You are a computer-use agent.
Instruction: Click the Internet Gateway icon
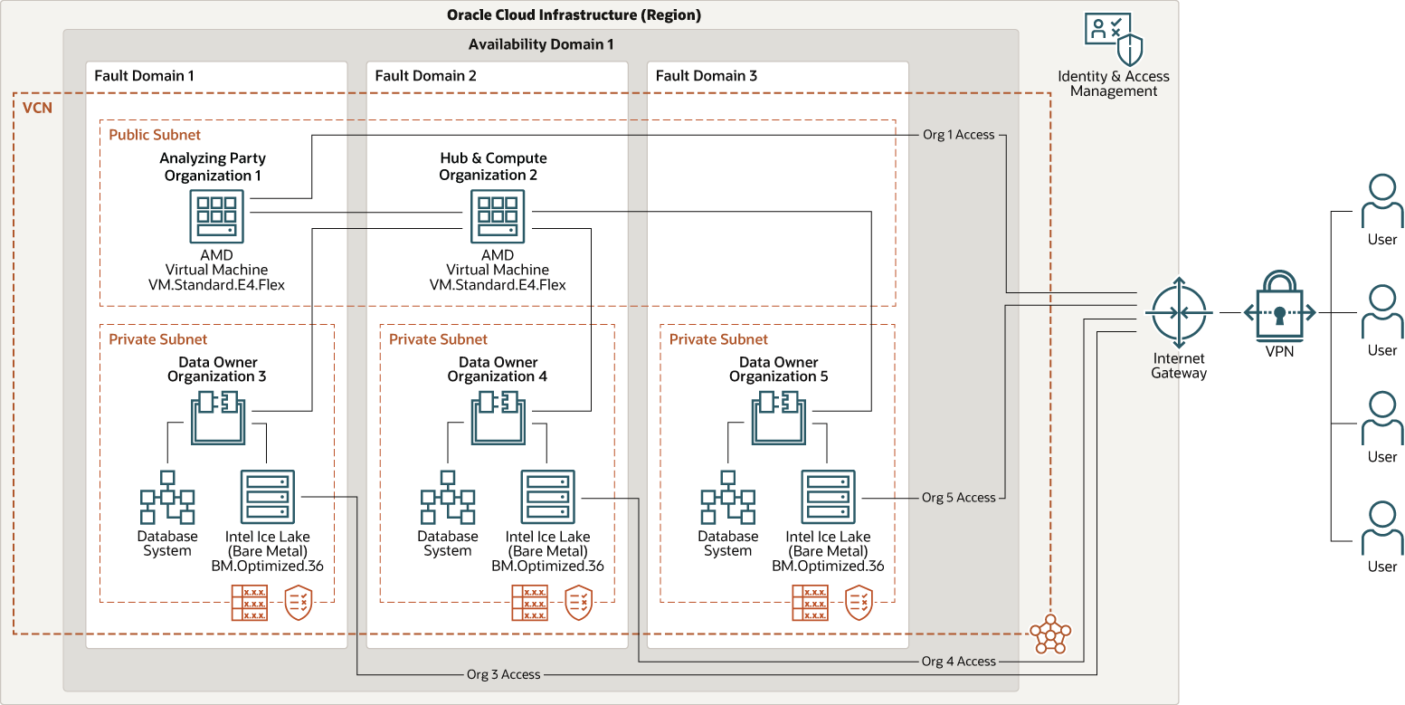click(1177, 312)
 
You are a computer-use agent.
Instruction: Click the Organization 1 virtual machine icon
click(216, 216)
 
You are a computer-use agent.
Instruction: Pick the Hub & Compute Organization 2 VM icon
click(497, 216)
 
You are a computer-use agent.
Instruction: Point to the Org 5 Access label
click(958, 498)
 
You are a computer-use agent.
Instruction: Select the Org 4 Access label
click(958, 662)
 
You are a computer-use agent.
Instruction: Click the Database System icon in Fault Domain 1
click(167, 498)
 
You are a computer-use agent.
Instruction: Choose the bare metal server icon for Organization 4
click(547, 498)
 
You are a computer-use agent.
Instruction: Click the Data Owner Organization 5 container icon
click(779, 418)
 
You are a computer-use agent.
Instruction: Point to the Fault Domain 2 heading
click(425, 76)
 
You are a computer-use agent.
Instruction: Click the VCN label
click(37, 109)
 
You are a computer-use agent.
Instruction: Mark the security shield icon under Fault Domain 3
click(859, 603)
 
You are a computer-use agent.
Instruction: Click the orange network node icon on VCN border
click(1049, 634)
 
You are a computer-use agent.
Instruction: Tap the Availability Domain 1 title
click(540, 44)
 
